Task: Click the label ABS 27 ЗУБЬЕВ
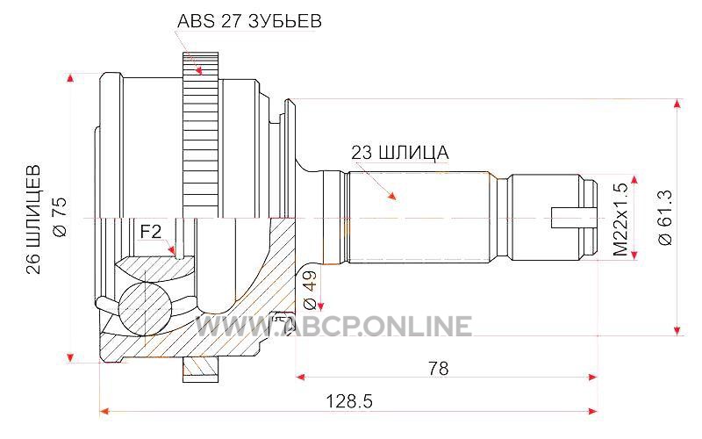(249, 21)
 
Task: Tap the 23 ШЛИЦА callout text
(400, 153)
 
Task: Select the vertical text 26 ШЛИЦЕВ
(33, 219)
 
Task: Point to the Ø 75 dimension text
(61, 217)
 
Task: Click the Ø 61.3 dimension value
(665, 217)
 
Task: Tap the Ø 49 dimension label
(311, 291)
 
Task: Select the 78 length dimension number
(438, 368)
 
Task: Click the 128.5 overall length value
(348, 401)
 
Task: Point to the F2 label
(150, 232)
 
